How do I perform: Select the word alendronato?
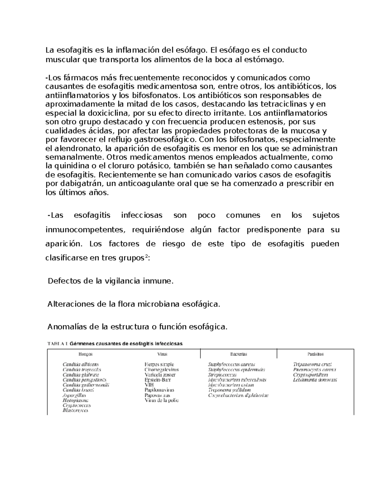coord(78,148)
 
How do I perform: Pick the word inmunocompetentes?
coord(83,230)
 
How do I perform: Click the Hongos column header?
coord(86,354)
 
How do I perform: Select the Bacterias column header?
coord(238,354)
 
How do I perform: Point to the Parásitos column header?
coord(315,354)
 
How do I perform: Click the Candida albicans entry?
coord(81,364)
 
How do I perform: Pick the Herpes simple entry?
coord(159,364)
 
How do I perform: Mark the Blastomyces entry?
coord(75,410)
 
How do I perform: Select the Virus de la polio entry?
coord(161,400)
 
